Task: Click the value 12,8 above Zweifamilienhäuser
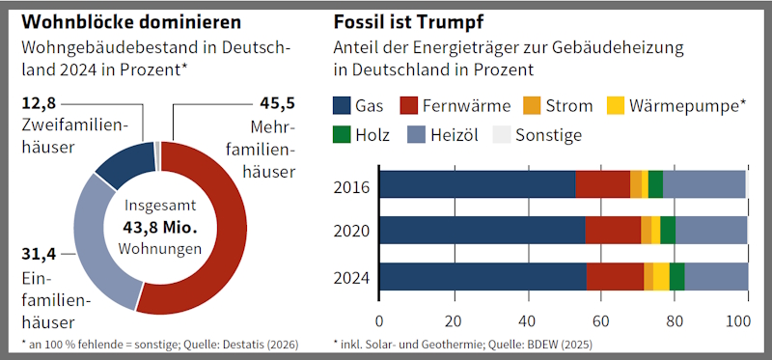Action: (x=40, y=104)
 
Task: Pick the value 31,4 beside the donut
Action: (x=40, y=254)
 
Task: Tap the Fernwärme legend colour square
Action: (x=408, y=105)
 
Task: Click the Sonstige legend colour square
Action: (x=501, y=134)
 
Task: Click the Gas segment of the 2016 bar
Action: (x=478, y=184)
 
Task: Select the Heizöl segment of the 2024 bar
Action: (x=716, y=277)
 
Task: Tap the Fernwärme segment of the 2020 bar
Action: (x=613, y=230)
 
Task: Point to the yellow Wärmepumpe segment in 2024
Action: (x=661, y=277)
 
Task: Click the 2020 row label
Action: (x=351, y=231)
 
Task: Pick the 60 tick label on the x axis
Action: (x=600, y=322)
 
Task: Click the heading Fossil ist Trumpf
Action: (x=408, y=22)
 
